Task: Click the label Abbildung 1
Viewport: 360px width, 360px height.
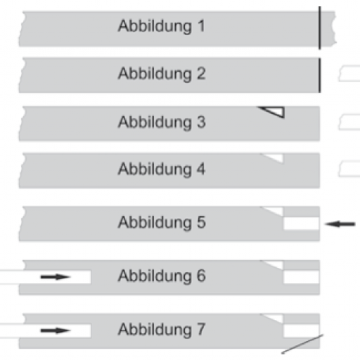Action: click(162, 26)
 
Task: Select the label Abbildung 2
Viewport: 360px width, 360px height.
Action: click(162, 74)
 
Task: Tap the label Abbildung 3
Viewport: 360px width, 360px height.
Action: click(162, 122)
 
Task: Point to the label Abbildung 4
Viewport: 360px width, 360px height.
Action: click(162, 169)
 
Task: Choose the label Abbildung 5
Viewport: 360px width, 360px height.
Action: click(162, 222)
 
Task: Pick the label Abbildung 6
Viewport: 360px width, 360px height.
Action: click(162, 276)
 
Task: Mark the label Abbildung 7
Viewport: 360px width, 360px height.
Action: click(162, 330)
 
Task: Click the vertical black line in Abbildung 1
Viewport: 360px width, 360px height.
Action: click(320, 28)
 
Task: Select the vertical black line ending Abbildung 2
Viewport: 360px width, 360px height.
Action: click(319, 75)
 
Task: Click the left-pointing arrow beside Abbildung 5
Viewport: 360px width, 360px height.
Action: click(340, 224)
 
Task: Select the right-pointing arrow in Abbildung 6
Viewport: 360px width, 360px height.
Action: click(56, 277)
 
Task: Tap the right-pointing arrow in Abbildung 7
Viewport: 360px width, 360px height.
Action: click(56, 330)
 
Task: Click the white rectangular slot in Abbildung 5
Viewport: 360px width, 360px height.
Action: click(302, 224)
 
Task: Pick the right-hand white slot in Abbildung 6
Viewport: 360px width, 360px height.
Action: click(302, 277)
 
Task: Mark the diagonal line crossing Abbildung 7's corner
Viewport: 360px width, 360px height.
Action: click(302, 344)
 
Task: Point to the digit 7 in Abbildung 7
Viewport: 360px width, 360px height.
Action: click(201, 329)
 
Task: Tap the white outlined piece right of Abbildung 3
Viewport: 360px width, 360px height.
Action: click(349, 122)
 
